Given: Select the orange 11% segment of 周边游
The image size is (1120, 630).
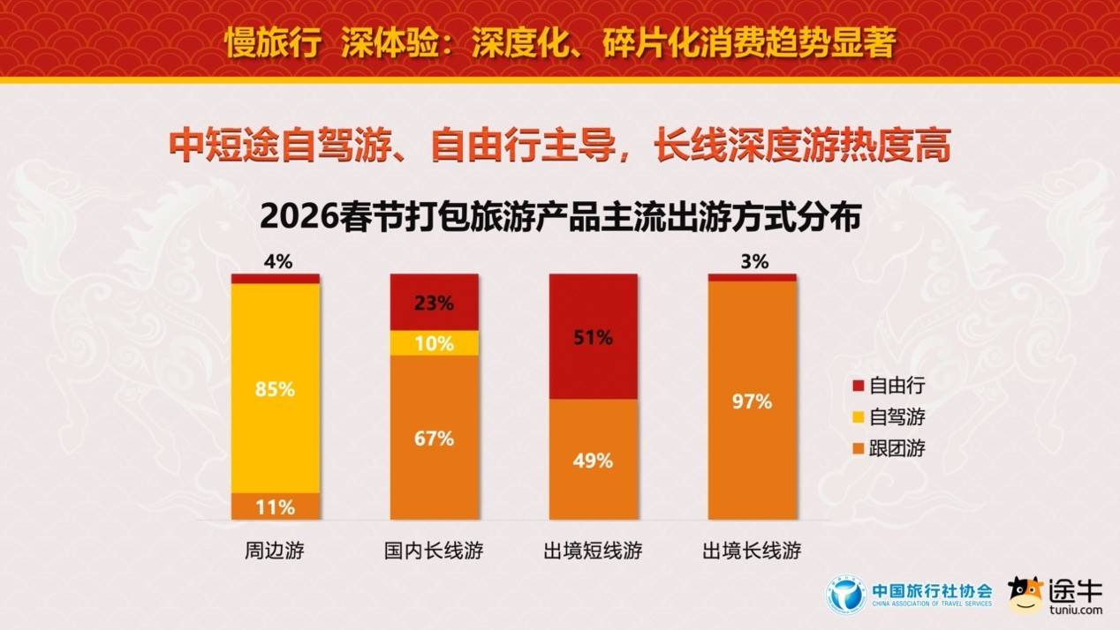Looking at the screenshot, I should click(276, 506).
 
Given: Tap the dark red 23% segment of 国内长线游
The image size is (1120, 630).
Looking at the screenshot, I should click(435, 302).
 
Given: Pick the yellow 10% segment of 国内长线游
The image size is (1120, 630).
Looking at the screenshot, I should click(435, 343).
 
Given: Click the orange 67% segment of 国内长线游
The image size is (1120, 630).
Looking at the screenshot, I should click(435, 438).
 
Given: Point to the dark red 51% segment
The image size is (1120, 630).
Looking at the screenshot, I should click(594, 336).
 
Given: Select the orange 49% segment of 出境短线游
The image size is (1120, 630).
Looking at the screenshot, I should click(594, 460).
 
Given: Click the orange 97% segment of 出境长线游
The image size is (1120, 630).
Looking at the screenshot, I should click(753, 401).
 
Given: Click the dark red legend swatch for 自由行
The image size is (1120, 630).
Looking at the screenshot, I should click(856, 386).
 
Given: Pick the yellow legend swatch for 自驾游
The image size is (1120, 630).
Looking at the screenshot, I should click(856, 417).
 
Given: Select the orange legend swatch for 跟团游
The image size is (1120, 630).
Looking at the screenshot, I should click(856, 449).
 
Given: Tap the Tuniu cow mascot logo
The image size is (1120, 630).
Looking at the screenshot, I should click(1025, 595).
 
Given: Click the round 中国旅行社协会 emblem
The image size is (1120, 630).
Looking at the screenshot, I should click(846, 595).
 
